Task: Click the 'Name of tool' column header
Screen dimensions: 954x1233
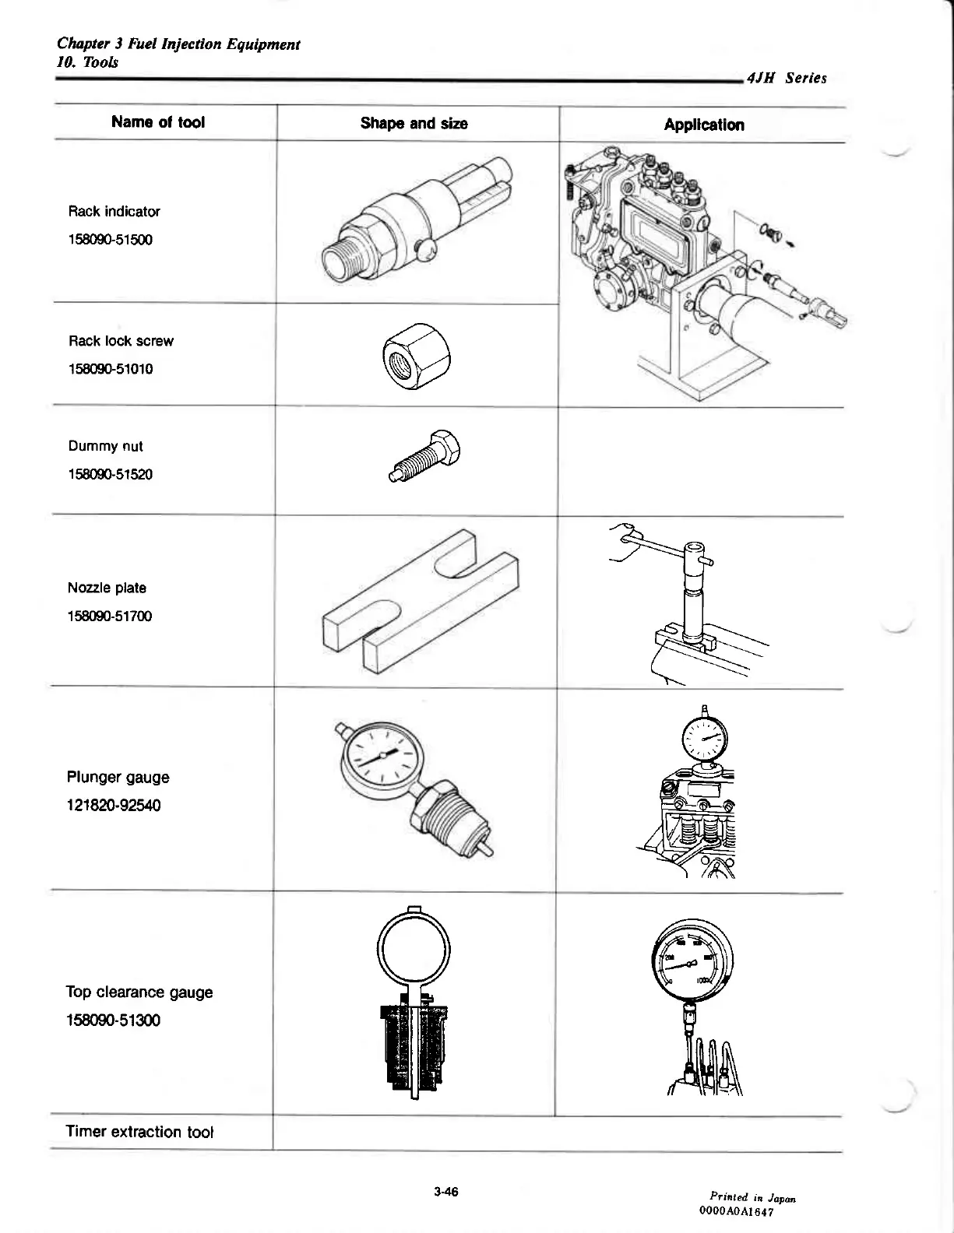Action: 158,122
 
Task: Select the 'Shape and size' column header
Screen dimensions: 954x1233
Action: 414,123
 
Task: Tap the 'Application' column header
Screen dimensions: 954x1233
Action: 703,125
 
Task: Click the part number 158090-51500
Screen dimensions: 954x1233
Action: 110,240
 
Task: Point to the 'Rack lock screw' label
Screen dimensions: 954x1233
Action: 121,341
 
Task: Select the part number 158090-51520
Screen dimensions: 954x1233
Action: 110,474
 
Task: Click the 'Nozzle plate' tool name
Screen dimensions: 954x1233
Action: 107,588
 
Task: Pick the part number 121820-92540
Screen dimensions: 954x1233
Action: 114,806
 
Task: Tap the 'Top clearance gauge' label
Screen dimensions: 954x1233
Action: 139,992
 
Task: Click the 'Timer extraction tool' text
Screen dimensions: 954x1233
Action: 139,1132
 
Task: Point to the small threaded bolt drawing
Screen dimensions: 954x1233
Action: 426,459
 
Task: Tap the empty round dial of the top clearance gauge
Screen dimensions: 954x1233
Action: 413,949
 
